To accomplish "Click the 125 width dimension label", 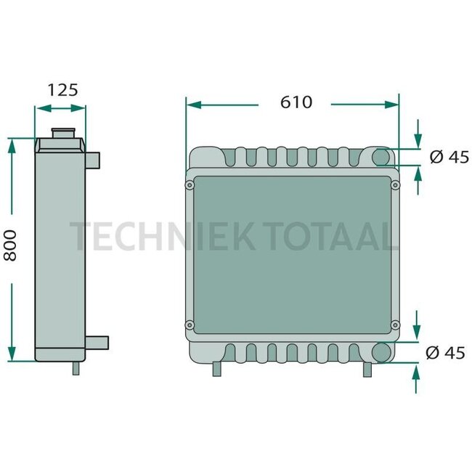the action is [62, 90].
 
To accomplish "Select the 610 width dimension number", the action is [296, 102].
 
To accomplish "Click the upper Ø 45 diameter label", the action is [449, 157].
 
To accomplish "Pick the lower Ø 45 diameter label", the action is [445, 352].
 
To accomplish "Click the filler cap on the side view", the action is [63, 133].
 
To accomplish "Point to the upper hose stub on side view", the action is [92, 160].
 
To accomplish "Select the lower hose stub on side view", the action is [97, 343].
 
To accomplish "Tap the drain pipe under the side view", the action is [76, 368].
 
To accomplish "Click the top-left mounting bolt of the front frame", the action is [189, 185].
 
